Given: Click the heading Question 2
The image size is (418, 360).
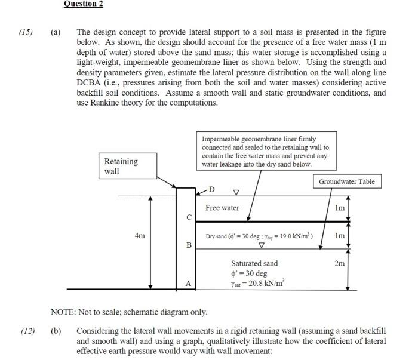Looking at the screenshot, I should tap(84, 4).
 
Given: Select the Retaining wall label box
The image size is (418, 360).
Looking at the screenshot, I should tap(121, 166).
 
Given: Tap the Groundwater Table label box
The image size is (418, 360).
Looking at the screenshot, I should tap(347, 181).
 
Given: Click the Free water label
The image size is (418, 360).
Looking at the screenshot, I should tap(222, 208).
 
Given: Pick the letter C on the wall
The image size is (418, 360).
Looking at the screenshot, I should tap(189, 217).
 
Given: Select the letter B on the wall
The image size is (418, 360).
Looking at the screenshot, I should tap(189, 245).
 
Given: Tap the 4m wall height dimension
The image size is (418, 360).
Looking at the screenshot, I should tap(139, 236).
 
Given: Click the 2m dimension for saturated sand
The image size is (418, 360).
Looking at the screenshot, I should tap(340, 264).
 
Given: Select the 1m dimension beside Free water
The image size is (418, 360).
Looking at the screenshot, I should tap(340, 207).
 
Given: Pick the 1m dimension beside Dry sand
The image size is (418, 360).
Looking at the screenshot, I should tap(340, 236).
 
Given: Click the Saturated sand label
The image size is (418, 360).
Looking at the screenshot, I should tap(254, 263).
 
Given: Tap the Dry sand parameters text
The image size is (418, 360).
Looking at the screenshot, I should tap(259, 236).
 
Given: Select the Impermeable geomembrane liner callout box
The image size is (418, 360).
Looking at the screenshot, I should tap(265, 151).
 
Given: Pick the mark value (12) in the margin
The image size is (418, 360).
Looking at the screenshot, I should tap(26, 331).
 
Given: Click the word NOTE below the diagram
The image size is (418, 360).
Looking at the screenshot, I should tap(63, 312).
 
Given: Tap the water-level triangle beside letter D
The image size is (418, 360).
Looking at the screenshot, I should tap(236, 193).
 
